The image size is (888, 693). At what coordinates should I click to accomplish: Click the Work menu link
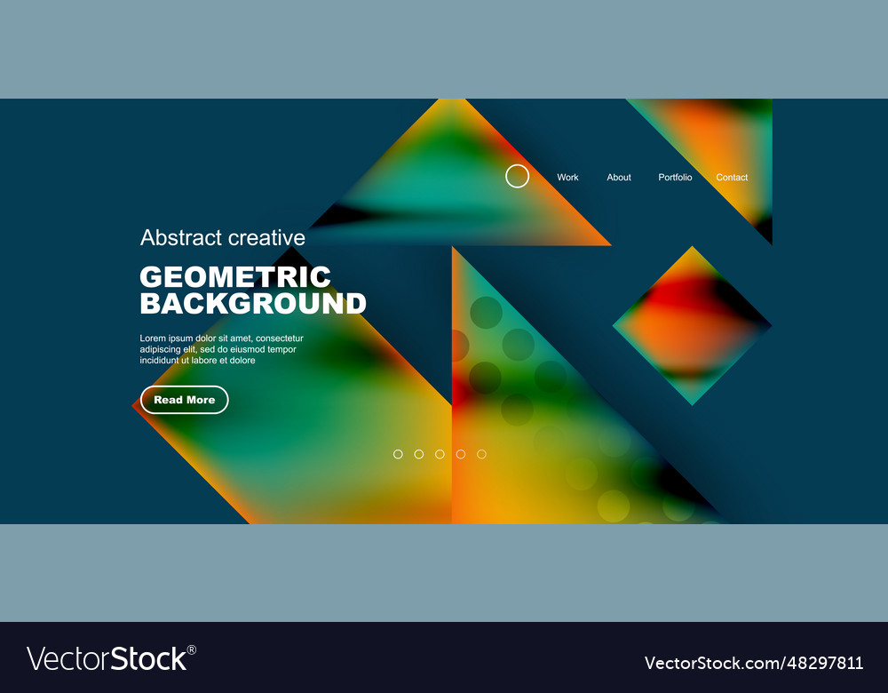click(567, 178)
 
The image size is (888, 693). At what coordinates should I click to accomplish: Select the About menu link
click(619, 178)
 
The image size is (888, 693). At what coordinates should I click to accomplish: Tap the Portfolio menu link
click(675, 178)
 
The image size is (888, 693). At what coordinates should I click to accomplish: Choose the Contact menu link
click(732, 178)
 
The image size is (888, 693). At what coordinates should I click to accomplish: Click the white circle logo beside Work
click(518, 176)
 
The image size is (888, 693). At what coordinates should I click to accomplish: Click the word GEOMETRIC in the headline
click(235, 276)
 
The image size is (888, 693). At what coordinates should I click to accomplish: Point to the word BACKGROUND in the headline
click(253, 304)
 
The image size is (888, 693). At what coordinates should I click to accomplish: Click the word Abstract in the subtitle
click(181, 237)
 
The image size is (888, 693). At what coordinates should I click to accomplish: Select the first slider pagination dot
click(398, 454)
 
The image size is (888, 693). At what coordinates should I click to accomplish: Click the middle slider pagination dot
click(440, 454)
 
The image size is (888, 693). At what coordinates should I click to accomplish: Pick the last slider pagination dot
click(481, 454)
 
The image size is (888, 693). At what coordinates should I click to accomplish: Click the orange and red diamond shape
click(692, 325)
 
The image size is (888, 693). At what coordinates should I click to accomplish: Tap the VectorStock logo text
click(107, 659)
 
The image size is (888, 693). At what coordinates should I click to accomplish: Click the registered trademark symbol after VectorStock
click(192, 649)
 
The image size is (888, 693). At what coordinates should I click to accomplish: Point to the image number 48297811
click(819, 663)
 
